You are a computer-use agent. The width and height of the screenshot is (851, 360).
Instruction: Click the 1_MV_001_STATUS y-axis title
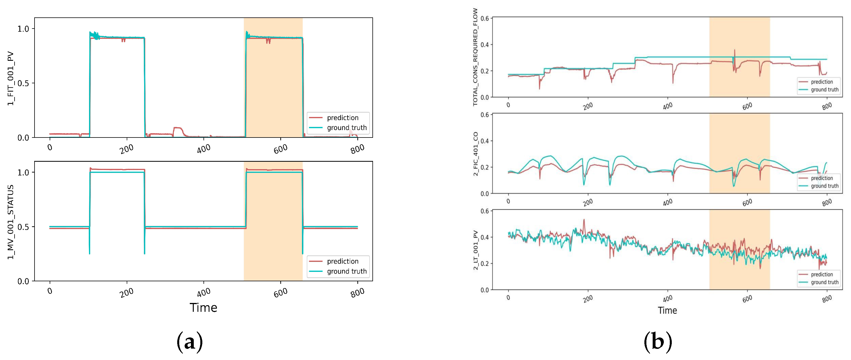coord(11,222)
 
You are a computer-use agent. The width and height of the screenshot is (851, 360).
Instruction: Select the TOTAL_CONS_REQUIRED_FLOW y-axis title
coord(475,57)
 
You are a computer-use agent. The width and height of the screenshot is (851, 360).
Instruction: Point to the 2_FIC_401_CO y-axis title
coord(475,154)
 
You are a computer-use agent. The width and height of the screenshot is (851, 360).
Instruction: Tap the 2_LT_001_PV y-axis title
coord(475,250)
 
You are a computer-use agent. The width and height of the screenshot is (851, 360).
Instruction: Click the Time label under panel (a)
coord(203,308)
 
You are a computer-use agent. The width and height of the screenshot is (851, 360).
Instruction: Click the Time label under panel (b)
coord(667,310)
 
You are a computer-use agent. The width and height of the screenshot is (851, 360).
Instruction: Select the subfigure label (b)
coord(658,341)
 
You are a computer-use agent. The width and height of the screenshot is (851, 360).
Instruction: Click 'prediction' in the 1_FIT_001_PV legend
coord(342,118)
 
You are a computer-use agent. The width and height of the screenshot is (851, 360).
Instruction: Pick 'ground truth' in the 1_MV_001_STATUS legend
coord(346,271)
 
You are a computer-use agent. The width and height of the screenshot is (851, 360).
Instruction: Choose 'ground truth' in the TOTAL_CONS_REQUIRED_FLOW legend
coord(824,90)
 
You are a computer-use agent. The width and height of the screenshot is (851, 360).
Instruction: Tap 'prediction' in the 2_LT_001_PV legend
coord(822,274)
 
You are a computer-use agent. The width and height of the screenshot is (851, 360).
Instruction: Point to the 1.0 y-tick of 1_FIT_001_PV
coord(23,29)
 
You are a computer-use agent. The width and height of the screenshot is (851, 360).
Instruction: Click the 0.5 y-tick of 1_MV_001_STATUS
coord(23,227)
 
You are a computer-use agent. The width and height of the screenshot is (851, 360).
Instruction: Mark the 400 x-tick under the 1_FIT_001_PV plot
coord(203,149)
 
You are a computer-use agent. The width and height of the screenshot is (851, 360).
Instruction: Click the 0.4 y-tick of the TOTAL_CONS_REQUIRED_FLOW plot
coord(484,45)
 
